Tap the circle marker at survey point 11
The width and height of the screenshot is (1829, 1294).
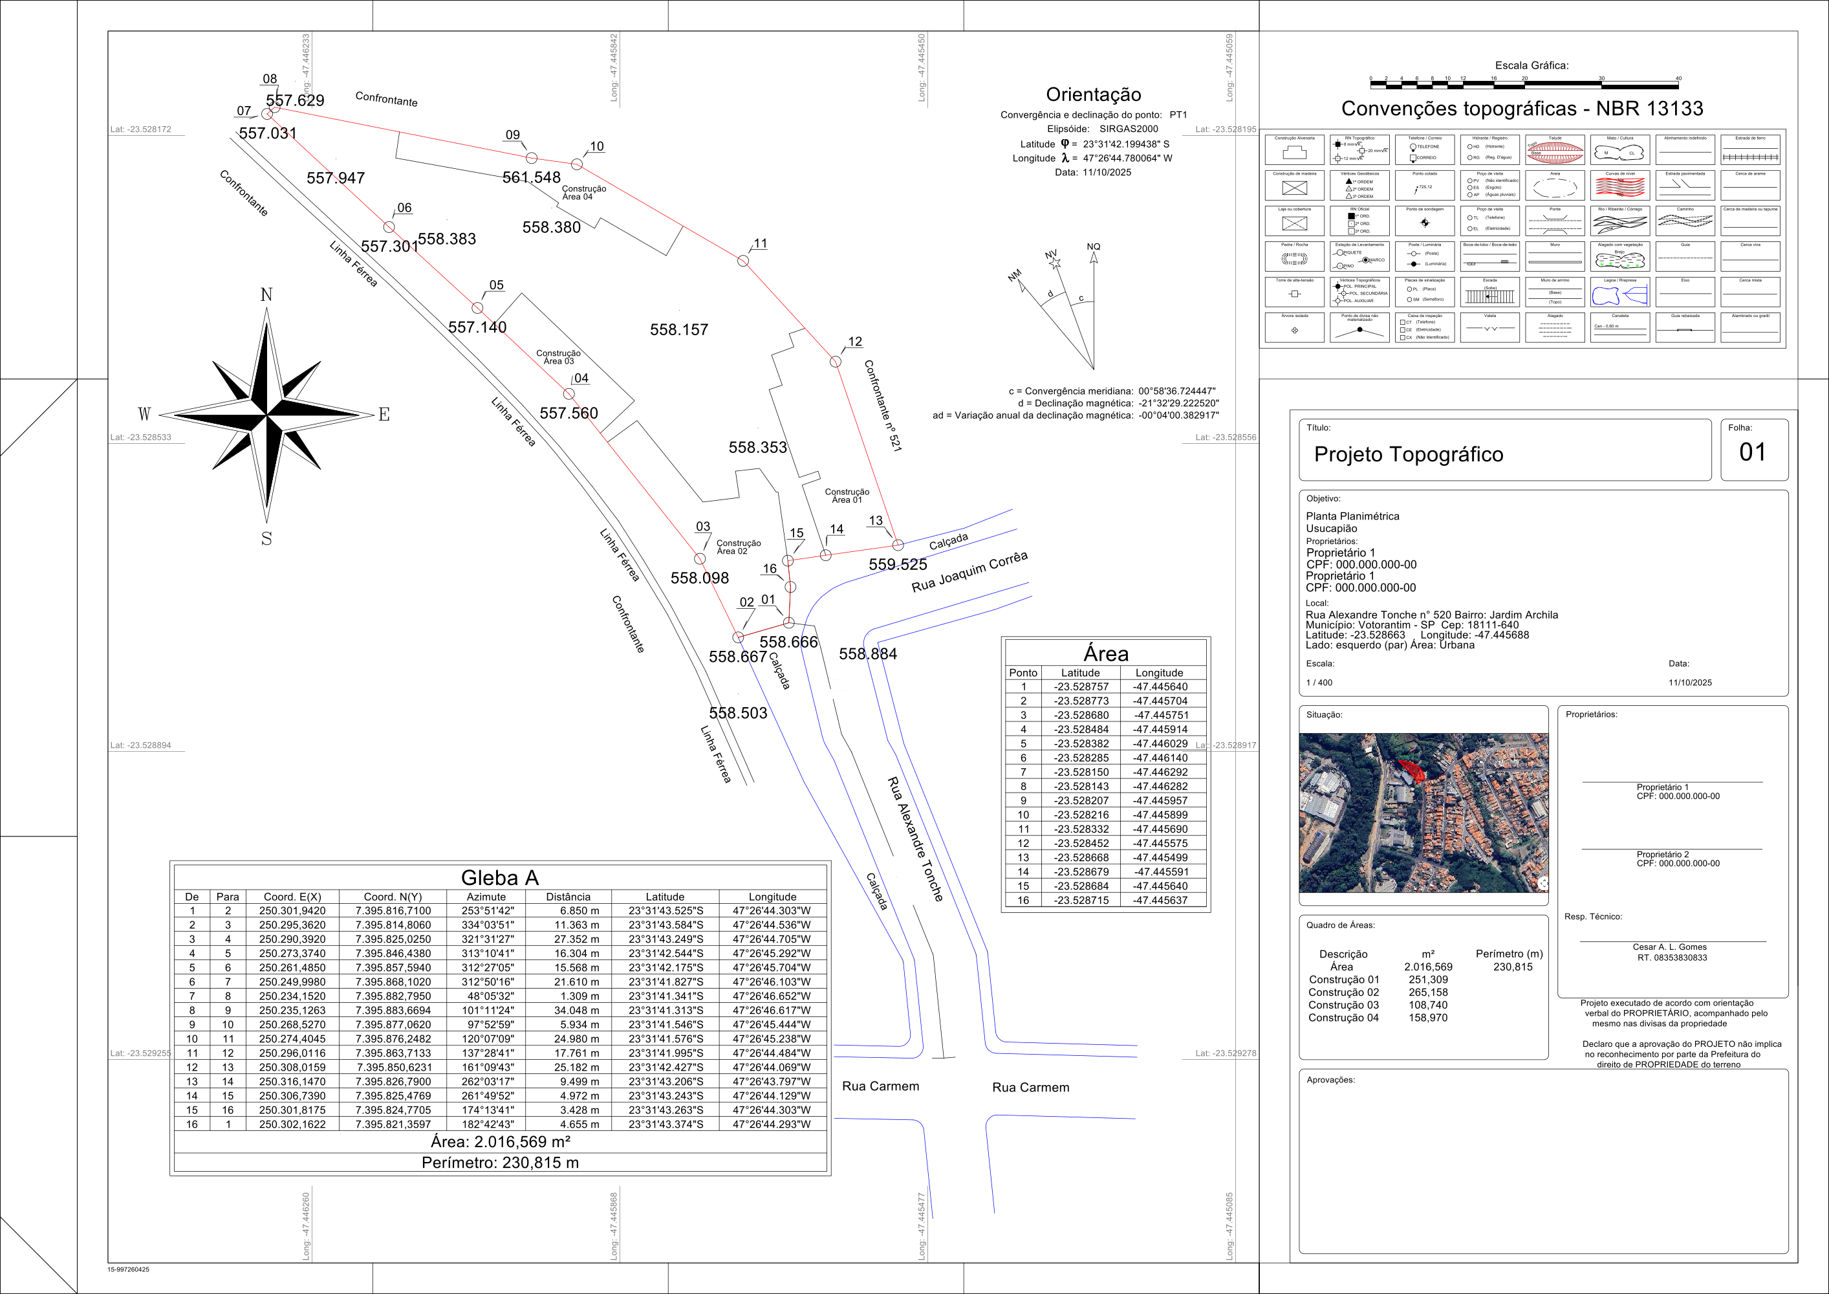coord(743,261)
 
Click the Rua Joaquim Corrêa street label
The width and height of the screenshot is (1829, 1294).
coord(969,572)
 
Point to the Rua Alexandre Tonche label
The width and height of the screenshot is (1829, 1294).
coord(915,839)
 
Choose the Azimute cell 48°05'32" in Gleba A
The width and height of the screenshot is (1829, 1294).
coord(486,996)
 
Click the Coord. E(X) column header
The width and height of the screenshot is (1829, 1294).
coord(292,896)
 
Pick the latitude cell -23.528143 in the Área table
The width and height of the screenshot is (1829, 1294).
coord(1081,787)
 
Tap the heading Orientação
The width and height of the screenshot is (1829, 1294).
coord(1093,95)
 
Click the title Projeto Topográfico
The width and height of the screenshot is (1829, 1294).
coord(1409,454)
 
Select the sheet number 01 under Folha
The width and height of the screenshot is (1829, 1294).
coord(1753,453)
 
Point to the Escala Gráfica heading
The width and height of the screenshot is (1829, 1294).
coord(1531,65)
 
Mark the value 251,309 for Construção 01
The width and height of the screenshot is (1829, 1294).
coord(1428,980)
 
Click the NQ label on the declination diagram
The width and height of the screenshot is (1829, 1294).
coord(1093,247)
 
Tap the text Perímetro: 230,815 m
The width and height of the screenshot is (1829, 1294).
coord(501,1163)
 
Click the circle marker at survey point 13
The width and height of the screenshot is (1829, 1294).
coord(898,545)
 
